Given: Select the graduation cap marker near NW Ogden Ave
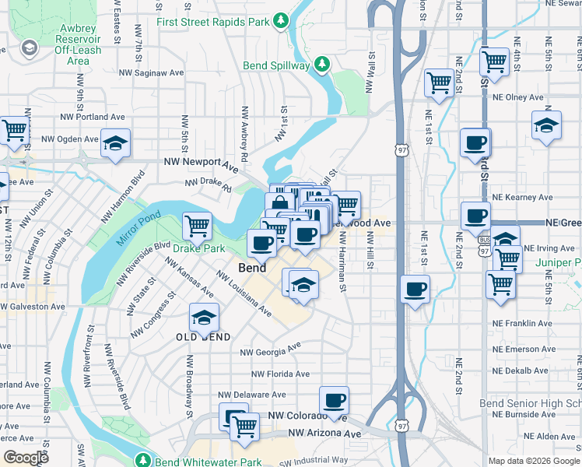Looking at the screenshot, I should click(116, 143).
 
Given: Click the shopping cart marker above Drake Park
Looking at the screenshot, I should click(198, 226).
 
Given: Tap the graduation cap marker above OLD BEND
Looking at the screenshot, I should click(205, 318).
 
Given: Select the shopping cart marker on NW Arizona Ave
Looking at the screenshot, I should click(245, 427).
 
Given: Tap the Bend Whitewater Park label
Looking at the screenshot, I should click(208, 462).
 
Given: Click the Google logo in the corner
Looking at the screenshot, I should click(25, 458).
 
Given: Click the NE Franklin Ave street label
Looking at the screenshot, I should click(522, 323).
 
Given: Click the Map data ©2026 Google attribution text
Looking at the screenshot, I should click(533, 461).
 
